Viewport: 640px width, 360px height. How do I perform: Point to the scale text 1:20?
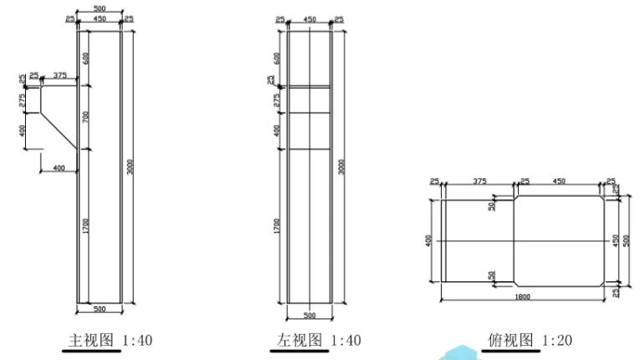[x=557, y=341]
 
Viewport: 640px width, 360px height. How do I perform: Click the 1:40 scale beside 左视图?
[x=344, y=341]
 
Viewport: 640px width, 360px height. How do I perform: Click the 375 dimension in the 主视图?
[x=59, y=75]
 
